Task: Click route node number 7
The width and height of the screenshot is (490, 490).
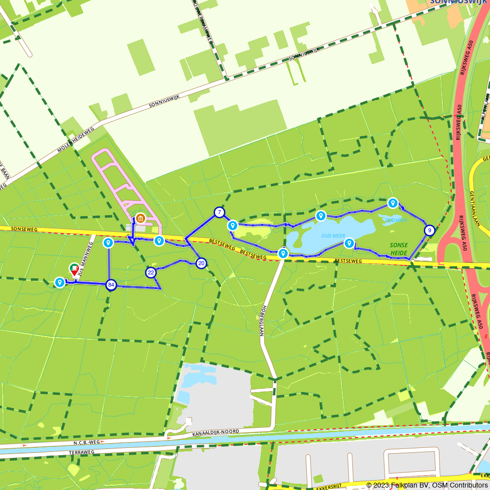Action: coord(219,212)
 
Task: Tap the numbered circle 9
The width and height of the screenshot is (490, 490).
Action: coord(429,230)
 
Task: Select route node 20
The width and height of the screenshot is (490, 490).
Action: coord(201,264)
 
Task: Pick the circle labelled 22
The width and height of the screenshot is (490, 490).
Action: coord(151,272)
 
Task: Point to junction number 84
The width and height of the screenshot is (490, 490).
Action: coord(111,285)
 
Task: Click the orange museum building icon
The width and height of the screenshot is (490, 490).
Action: coord(140,218)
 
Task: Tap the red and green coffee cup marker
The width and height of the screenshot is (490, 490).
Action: coord(74,268)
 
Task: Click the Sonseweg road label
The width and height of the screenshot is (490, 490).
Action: coord(24,229)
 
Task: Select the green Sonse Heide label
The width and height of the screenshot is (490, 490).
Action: coord(399,248)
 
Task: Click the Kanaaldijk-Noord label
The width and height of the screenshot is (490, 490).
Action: coord(216,432)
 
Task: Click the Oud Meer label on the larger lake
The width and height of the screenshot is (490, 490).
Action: coord(333,236)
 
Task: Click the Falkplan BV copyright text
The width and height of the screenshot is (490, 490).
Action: coord(426,485)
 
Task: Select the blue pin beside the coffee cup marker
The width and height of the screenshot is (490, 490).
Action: coord(60,282)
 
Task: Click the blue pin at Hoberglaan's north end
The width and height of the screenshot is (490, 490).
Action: coord(283,253)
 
